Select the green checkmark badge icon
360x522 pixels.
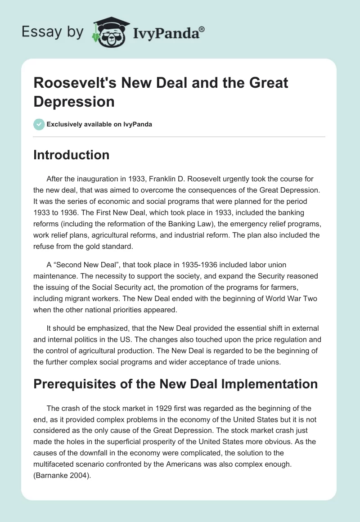[39, 124]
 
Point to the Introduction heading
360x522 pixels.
[72, 155]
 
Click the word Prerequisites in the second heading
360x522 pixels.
[77, 384]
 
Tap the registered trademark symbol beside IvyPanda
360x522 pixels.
[202, 29]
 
